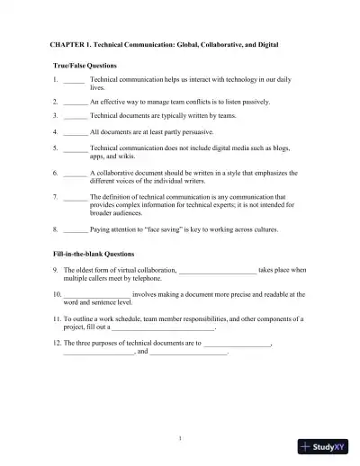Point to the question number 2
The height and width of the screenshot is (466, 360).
coord(55,103)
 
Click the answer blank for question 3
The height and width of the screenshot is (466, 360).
coord(76,116)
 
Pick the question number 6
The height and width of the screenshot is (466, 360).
coord(55,171)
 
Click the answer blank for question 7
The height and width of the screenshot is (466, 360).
coord(76,195)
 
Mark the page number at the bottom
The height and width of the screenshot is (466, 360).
coord(180,437)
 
